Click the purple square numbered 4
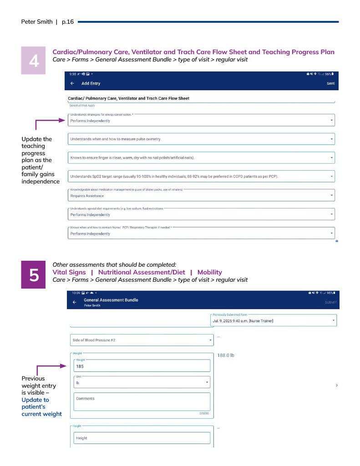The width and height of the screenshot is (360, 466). (x=33, y=60)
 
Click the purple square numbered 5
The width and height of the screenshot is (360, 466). (x=33, y=275)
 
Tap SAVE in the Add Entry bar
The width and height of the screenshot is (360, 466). (x=330, y=83)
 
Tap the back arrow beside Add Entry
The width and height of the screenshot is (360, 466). (x=72, y=83)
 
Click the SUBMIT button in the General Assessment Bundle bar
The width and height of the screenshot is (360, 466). (x=331, y=303)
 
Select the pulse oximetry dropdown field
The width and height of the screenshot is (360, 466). (x=201, y=139)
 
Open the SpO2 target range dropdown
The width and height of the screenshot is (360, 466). (x=201, y=176)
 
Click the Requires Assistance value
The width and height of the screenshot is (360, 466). (x=87, y=196)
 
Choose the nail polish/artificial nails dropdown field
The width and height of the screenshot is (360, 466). (x=201, y=157)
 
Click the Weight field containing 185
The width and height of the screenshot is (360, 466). (x=142, y=366)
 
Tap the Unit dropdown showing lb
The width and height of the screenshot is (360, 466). (x=142, y=382)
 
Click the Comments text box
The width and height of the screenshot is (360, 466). (x=142, y=401)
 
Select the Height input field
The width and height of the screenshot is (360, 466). (x=142, y=438)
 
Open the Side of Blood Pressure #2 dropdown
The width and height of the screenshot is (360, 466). (x=142, y=339)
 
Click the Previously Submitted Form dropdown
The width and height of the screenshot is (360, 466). (x=274, y=320)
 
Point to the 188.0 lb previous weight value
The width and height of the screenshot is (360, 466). (x=226, y=355)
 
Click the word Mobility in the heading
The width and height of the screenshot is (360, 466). (x=209, y=272)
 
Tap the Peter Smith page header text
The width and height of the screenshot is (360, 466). (x=37, y=22)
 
